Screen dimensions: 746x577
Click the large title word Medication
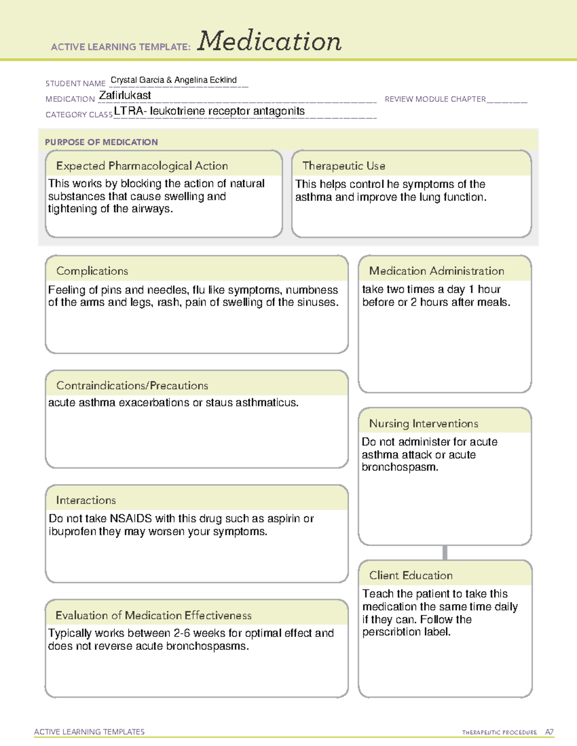(x=269, y=41)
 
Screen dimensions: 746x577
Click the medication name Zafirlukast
(x=125, y=96)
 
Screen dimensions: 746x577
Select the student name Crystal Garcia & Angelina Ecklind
(x=174, y=80)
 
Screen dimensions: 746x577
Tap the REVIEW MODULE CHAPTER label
(x=435, y=99)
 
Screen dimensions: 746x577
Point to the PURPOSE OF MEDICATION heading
(x=101, y=142)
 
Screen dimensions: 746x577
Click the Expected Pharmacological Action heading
(x=142, y=166)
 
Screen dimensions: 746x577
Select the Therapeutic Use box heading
(x=344, y=166)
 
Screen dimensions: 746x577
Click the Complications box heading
(x=92, y=271)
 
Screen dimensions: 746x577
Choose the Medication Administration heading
(x=437, y=271)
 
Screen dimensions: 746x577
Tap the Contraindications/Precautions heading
(x=132, y=386)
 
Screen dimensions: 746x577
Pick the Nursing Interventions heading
(x=424, y=424)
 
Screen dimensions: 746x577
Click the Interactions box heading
(x=86, y=501)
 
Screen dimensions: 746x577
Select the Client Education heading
(x=411, y=575)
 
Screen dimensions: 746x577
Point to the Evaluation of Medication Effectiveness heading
(x=153, y=616)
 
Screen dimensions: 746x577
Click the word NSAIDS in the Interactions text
(x=130, y=519)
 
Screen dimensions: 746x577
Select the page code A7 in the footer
(x=549, y=732)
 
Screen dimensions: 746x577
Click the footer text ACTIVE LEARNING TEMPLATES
(x=89, y=732)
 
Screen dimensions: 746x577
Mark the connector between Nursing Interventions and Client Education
(x=445, y=552)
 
